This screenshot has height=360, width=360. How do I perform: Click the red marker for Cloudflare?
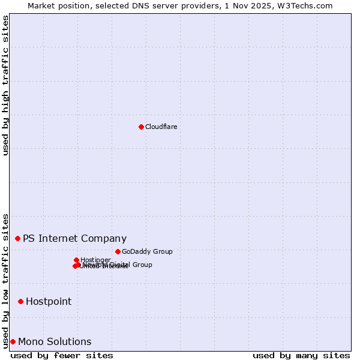[141, 127]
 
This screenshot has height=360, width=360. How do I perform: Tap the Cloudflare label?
[161, 127]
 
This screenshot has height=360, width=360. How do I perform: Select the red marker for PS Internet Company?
[17, 238]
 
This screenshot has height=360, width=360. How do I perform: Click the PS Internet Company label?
[74, 238]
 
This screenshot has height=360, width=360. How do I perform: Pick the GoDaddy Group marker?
[118, 251]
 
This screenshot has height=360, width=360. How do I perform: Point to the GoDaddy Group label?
[147, 251]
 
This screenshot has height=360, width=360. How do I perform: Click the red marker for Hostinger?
[76, 260]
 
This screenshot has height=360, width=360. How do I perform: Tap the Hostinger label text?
[95, 260]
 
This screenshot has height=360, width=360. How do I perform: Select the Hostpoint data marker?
[20, 301]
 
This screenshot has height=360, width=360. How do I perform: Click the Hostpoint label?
[49, 301]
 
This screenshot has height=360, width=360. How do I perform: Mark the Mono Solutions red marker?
[13, 341]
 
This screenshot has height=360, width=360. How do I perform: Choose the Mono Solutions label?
[55, 341]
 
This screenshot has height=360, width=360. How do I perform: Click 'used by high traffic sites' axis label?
[5, 85]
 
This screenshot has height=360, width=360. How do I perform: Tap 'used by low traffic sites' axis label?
[5, 280]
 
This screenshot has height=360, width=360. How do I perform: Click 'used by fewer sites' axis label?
[62, 355]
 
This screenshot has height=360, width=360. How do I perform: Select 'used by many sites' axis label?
[301, 355]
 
